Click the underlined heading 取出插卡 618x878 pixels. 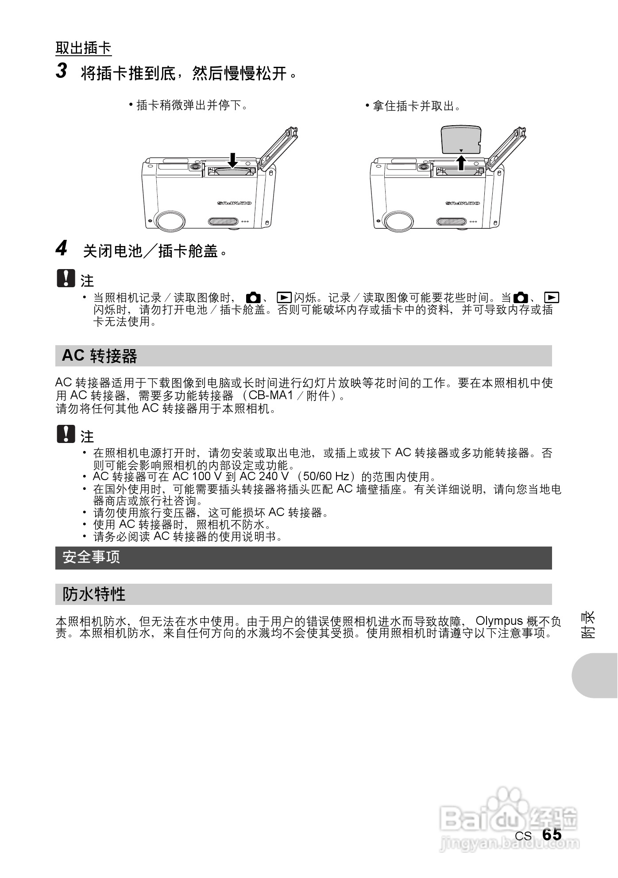83,48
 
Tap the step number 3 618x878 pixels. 61,71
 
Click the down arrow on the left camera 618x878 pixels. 232,160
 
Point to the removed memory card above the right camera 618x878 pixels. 461,139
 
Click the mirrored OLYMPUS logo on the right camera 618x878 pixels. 463,204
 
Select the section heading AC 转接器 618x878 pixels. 100,356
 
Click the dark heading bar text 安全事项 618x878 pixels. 91,558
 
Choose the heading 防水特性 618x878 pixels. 94,594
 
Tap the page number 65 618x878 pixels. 552,835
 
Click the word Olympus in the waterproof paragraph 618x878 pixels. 499,621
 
